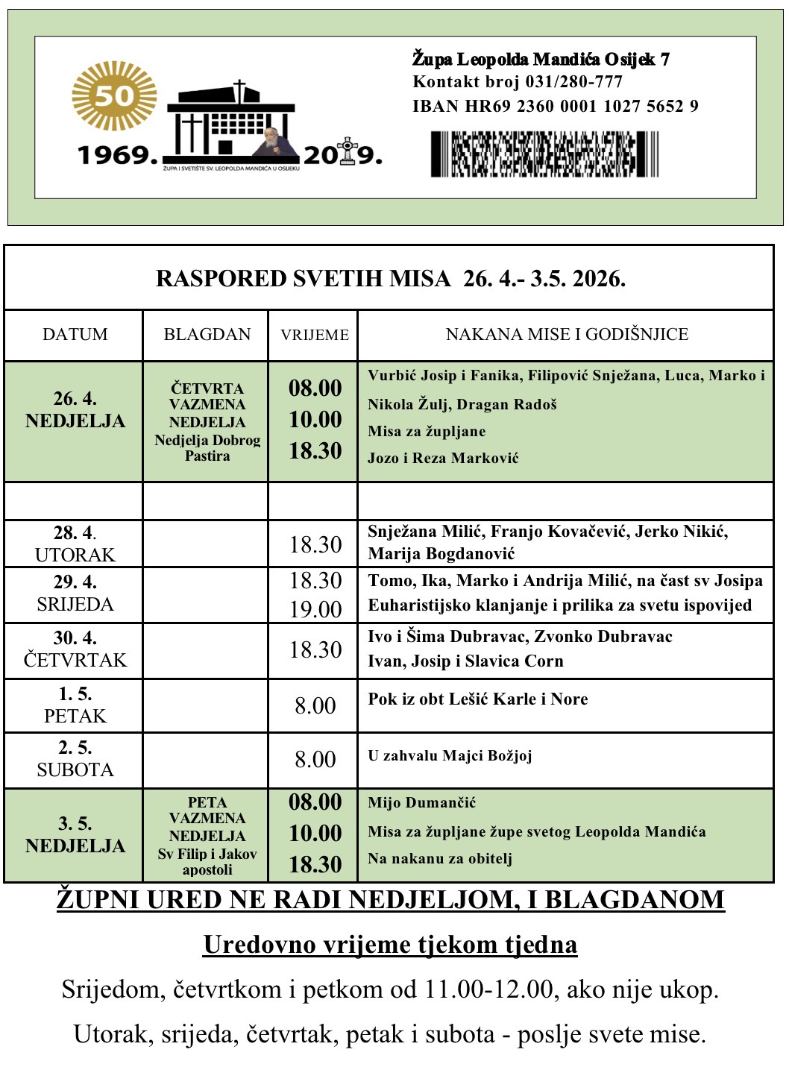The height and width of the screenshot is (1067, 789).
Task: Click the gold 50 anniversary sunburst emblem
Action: pyautogui.click(x=114, y=96)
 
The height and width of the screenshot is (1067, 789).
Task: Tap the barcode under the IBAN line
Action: pyautogui.click(x=544, y=154)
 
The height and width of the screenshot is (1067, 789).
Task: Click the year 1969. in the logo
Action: pyautogui.click(x=118, y=155)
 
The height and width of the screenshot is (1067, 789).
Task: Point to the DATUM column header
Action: pyautogui.click(x=75, y=334)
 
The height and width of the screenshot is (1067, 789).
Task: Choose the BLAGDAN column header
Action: pyautogui.click(x=207, y=334)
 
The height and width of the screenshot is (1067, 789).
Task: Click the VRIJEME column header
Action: pyautogui.click(x=314, y=335)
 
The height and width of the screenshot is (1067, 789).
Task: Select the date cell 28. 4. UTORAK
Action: pyautogui.click(x=75, y=544)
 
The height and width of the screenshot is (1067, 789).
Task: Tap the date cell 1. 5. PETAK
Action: pyautogui.click(x=75, y=705)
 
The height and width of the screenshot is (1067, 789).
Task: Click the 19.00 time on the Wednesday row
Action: pyautogui.click(x=315, y=609)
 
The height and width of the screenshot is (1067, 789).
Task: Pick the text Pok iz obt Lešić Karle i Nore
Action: pyautogui.click(x=477, y=699)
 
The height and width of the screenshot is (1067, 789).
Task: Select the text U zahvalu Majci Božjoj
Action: pyautogui.click(x=450, y=756)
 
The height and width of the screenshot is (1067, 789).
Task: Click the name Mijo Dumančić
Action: pyautogui.click(x=421, y=803)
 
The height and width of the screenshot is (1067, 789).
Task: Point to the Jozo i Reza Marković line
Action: pyautogui.click(x=443, y=458)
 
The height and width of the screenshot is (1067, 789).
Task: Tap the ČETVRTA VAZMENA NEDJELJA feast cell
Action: pyautogui.click(x=207, y=421)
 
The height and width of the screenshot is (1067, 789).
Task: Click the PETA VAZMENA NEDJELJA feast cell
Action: pyautogui.click(x=207, y=835)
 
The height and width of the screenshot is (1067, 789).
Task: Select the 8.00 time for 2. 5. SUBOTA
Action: pyautogui.click(x=315, y=759)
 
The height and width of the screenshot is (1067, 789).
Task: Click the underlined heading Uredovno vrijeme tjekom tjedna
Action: pyautogui.click(x=390, y=945)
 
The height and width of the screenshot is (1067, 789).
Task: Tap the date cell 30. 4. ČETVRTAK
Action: pyautogui.click(x=75, y=649)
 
